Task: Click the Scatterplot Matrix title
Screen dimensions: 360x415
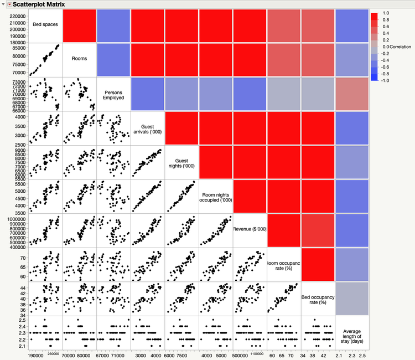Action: tap(39, 4)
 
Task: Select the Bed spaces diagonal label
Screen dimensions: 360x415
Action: tap(45, 24)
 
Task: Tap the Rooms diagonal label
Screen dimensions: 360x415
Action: tap(79, 58)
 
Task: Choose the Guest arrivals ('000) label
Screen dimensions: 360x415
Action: tap(148, 128)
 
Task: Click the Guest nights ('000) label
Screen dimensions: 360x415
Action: tap(181, 162)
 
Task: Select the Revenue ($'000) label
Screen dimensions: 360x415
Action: tap(250, 229)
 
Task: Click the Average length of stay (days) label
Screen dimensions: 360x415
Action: tap(352, 333)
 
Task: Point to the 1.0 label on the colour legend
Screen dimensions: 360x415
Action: tap(386, 12)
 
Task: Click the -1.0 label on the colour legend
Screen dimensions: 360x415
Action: tap(386, 80)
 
